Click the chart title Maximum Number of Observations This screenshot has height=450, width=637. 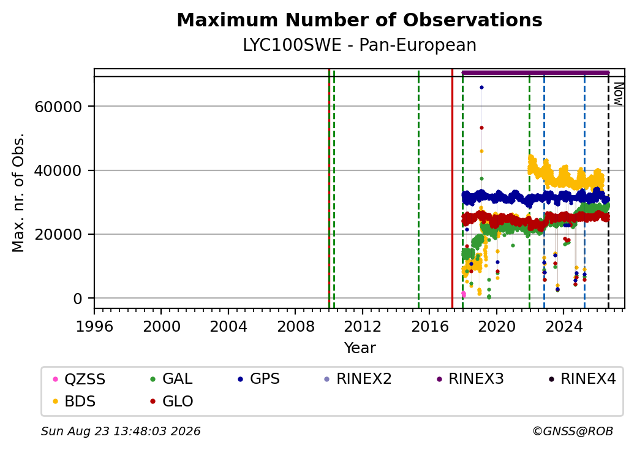(x=360, y=20)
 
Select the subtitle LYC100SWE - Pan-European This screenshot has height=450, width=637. (x=360, y=45)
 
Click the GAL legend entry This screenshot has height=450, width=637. (x=171, y=379)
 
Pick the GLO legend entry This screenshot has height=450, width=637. (x=172, y=401)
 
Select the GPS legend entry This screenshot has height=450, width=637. (x=258, y=379)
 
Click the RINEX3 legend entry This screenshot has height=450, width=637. (x=470, y=379)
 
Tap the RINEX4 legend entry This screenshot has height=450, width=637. (x=582, y=379)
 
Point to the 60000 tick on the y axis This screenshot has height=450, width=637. (x=59, y=107)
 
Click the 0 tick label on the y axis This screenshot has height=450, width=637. (x=78, y=299)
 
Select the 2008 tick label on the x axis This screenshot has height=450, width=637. (x=295, y=326)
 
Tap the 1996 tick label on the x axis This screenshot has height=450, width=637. (x=94, y=326)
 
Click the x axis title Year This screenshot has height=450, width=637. (x=360, y=348)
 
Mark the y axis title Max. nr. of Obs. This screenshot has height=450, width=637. (x=18, y=193)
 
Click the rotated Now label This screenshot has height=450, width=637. (x=618, y=94)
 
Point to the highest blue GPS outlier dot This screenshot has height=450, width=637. (x=481, y=88)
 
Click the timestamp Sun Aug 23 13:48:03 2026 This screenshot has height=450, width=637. (x=121, y=431)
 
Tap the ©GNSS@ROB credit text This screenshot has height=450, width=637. (x=573, y=431)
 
